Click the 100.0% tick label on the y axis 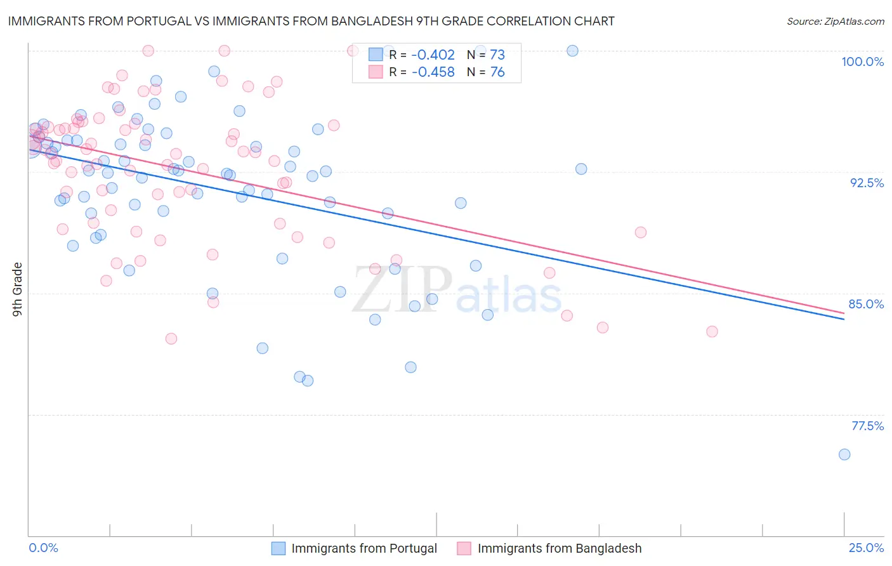point(862,62)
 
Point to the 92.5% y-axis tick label point(867,183)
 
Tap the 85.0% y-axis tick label point(866,304)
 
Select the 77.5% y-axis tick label point(867,426)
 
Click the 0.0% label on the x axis point(43,548)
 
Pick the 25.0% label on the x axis point(866,548)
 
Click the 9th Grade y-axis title point(17,289)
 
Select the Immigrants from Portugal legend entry point(364,548)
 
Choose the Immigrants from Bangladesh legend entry point(559,548)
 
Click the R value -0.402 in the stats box point(433,55)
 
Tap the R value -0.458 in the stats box point(433,72)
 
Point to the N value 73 point(497,55)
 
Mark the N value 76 point(497,72)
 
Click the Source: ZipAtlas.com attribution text point(835,22)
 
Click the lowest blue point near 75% point(844,454)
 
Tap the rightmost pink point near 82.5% point(712,332)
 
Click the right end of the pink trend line point(844,313)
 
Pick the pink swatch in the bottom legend point(464,548)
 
